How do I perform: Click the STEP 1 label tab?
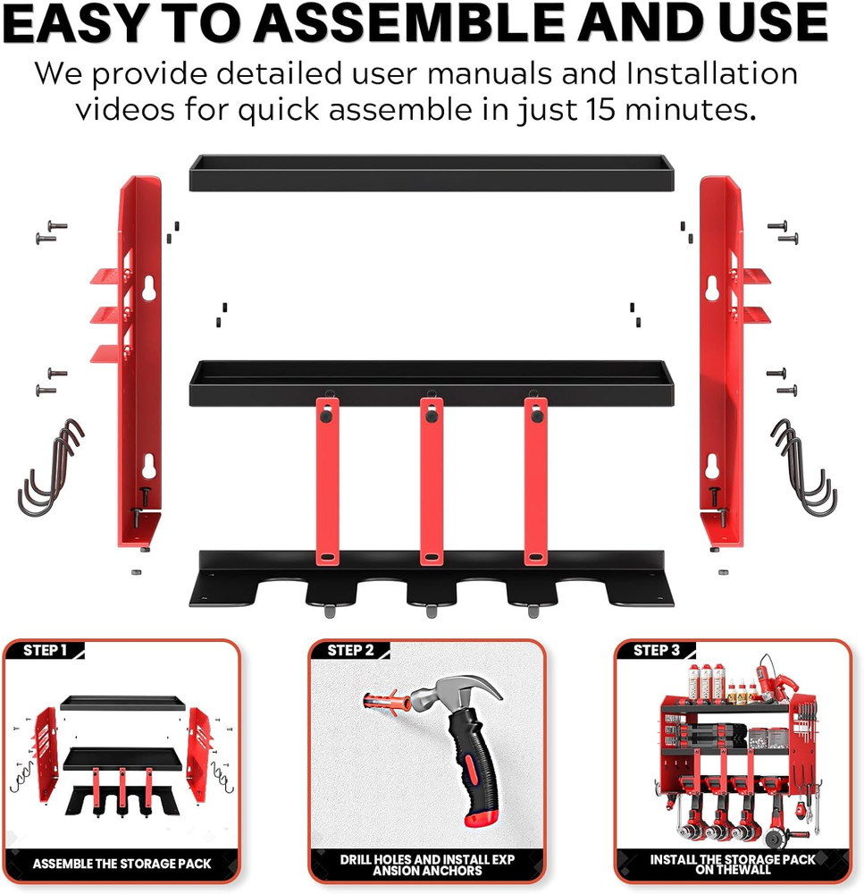pyautogui.click(x=46, y=650)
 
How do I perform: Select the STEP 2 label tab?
pyautogui.click(x=351, y=650)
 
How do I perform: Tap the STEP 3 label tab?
pyautogui.click(x=657, y=650)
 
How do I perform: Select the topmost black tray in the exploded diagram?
pyautogui.click(x=431, y=172)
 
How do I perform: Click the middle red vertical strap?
pyautogui.click(x=432, y=483)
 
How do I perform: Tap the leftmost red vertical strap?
pyautogui.click(x=327, y=483)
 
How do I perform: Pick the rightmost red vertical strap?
pyautogui.click(x=536, y=483)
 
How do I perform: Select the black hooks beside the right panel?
pyautogui.click(x=804, y=467)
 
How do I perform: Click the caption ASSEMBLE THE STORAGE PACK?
pyautogui.click(x=122, y=864)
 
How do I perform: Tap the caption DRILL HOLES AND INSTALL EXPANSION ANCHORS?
pyautogui.click(x=426, y=864)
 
